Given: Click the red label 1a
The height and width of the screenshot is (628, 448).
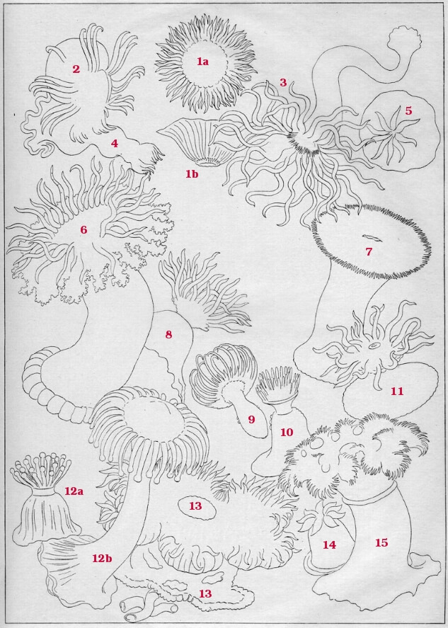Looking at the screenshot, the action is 202,62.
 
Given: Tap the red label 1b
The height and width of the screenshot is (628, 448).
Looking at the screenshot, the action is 191,174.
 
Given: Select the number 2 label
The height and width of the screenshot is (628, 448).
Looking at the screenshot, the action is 76,69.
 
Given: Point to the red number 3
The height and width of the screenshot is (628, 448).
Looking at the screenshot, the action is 284,83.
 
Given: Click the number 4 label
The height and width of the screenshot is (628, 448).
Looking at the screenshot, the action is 115,144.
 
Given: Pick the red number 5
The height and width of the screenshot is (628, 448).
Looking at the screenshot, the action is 408,110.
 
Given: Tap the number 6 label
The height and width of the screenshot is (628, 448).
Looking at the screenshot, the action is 84,230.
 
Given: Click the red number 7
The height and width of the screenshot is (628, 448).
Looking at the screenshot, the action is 369,251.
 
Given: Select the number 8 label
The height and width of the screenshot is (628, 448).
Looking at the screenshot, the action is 168,334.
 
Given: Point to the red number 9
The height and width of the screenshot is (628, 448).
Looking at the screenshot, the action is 251,419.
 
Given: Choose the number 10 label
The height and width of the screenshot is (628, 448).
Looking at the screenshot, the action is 287,432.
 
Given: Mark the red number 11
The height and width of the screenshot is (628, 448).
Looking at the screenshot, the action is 397,391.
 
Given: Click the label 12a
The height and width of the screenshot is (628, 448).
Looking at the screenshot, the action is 74,491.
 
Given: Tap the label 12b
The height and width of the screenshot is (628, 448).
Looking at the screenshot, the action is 102,558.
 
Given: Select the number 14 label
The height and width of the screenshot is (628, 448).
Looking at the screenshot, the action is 329,544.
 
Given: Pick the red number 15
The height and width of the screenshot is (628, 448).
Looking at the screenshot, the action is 381,543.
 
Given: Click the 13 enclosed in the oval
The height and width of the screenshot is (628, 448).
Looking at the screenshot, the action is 195,506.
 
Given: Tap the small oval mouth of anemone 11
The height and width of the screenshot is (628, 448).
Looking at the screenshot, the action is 374,345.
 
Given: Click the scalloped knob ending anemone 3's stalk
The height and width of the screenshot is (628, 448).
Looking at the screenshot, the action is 405,38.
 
